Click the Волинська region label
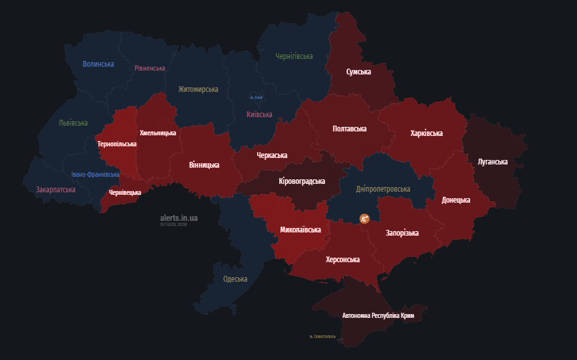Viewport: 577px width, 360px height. tap(98, 64)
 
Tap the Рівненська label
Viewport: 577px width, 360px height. tap(150, 68)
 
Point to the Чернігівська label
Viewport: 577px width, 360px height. tap(294, 57)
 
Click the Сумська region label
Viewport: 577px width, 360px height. tap(359, 72)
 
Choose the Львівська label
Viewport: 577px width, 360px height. tap(73, 123)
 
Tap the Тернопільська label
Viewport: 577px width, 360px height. tap(117, 144)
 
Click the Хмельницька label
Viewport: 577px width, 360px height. tap(158, 133)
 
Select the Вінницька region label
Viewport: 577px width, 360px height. tap(204, 165)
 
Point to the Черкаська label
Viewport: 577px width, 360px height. tap(272, 155)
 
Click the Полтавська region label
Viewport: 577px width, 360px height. tap(350, 129)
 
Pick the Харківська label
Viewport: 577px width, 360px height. tap(427, 133)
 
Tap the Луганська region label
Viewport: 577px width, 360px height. tap(493, 162)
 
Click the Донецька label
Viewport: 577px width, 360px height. tap(456, 200)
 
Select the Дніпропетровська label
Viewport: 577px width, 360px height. tap(383, 189)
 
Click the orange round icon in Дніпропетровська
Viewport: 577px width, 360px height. tap(364, 219)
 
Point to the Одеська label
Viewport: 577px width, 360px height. tap(235, 279)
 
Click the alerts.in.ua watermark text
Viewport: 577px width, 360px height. tap(179, 218)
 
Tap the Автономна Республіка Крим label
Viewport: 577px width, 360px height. tap(378, 315)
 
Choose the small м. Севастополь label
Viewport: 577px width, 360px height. tap(322, 337)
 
